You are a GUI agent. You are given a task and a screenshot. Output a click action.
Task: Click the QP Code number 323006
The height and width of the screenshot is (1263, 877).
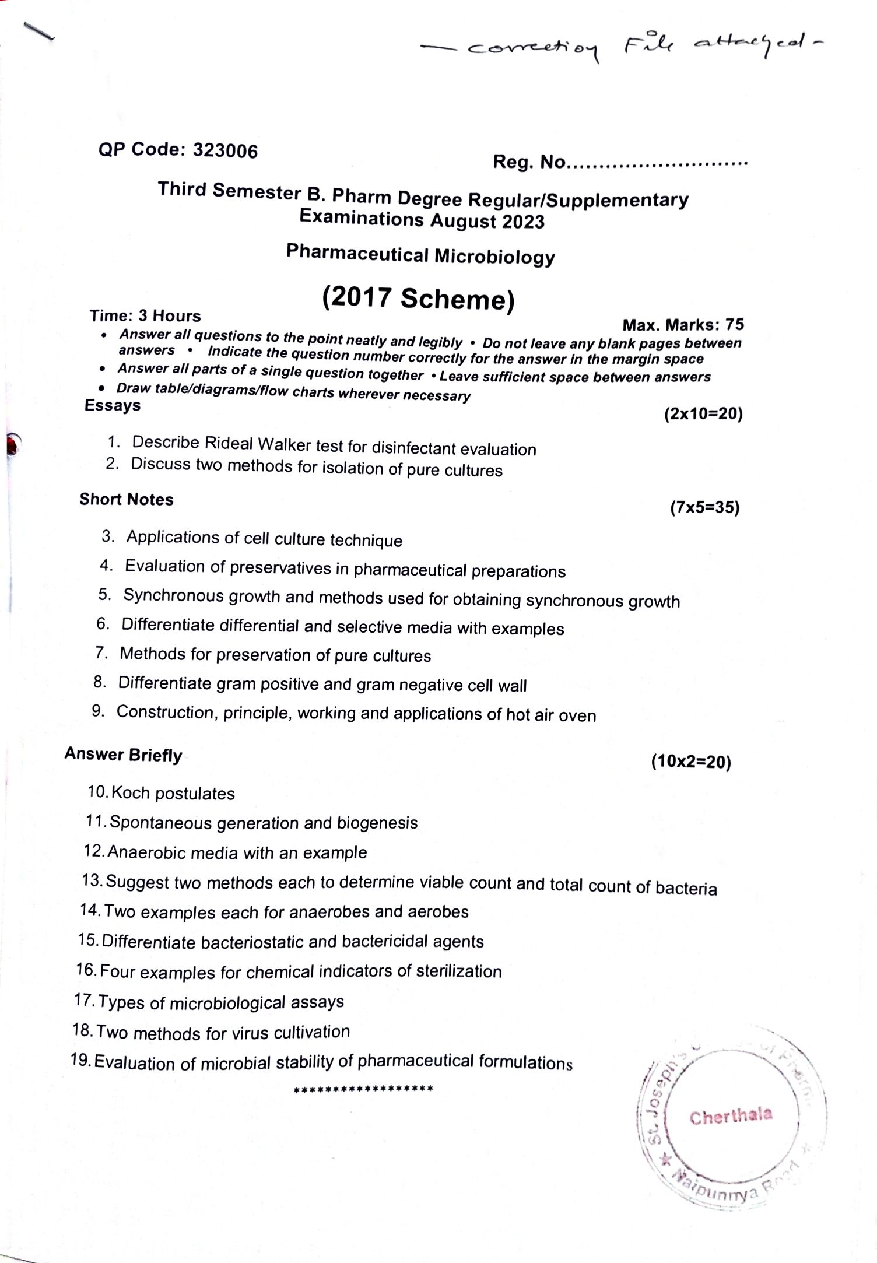pyautogui.click(x=225, y=150)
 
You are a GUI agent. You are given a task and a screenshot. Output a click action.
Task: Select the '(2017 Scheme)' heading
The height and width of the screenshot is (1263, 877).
pyautogui.click(x=419, y=299)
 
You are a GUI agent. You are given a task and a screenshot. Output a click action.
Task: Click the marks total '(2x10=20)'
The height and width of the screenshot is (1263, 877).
pyautogui.click(x=703, y=414)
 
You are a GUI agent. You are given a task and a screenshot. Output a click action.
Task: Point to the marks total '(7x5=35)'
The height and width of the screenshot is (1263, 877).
pyautogui.click(x=704, y=507)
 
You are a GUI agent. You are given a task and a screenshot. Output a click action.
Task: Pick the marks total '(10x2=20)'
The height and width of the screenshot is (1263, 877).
pyautogui.click(x=691, y=762)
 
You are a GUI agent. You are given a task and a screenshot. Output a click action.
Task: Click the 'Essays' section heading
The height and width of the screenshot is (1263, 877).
pyautogui.click(x=113, y=405)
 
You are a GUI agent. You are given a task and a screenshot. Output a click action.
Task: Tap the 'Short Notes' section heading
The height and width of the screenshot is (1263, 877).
pyautogui.click(x=127, y=500)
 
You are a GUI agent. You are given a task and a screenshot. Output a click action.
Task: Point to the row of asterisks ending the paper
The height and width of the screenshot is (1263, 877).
pyautogui.click(x=363, y=1089)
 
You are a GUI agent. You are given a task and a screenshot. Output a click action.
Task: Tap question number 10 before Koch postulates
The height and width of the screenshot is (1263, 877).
pyautogui.click(x=97, y=792)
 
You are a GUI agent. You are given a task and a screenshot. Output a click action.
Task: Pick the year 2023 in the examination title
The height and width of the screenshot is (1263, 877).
pyautogui.click(x=522, y=222)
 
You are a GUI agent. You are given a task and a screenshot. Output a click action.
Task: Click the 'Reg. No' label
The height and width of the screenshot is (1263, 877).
pyautogui.click(x=529, y=162)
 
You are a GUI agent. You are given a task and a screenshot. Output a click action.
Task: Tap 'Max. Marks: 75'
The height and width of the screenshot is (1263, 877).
pyautogui.click(x=683, y=324)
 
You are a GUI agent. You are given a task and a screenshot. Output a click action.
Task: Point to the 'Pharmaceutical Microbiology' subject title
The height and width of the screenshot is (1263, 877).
pyautogui.click(x=420, y=255)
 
